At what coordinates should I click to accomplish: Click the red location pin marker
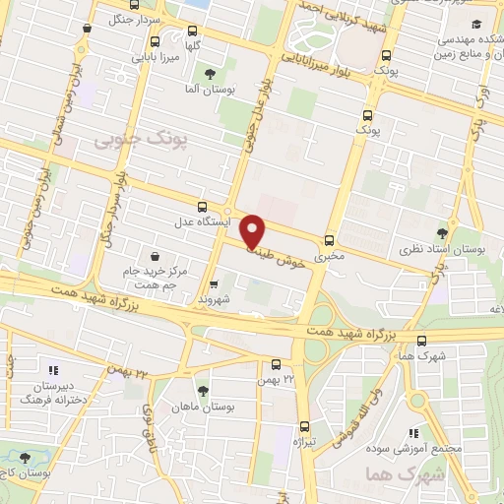[x=254, y=229]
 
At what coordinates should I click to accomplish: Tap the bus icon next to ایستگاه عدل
[x=202, y=207]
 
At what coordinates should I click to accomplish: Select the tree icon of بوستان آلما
[x=209, y=74]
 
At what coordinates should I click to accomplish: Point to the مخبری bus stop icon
[x=329, y=239]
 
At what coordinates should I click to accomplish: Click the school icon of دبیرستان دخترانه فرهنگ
[x=54, y=370]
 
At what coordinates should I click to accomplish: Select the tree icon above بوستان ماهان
[x=203, y=390]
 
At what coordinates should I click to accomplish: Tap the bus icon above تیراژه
[x=303, y=426]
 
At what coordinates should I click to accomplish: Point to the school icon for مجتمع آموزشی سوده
[x=414, y=431]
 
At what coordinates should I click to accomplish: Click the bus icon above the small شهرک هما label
[x=422, y=339]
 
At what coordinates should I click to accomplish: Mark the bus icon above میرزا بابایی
[x=156, y=41]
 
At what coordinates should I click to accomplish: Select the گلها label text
[x=195, y=46]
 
